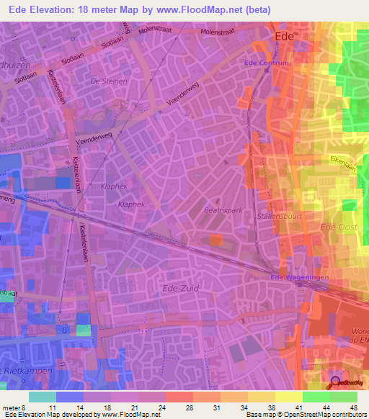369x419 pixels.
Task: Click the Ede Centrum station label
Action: (267, 63)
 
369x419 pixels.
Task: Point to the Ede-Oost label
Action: (336, 227)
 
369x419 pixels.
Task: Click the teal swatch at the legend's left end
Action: (42, 397)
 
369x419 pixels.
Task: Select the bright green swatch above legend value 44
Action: (316, 397)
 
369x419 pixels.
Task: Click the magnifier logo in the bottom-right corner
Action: (337, 383)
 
